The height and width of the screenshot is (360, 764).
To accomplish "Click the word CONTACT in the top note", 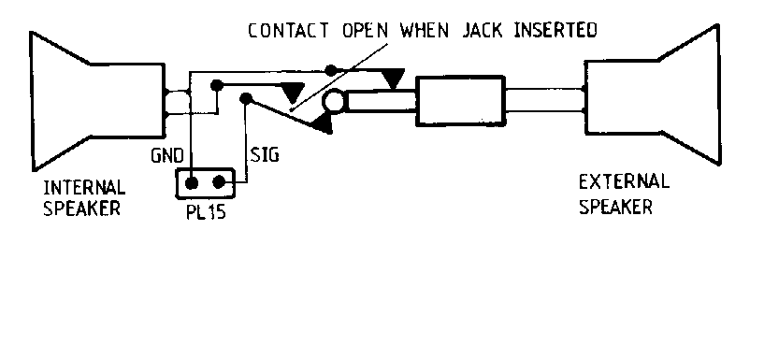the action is pos(288,30).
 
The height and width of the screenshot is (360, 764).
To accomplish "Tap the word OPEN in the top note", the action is pos(365,30).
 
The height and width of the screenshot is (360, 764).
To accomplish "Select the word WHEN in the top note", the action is pos(425,30).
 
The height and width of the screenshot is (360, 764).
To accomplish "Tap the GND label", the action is pos(167,156).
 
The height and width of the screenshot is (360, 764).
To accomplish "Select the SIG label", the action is pos(265,155).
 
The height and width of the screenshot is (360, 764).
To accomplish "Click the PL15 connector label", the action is pos(206,212).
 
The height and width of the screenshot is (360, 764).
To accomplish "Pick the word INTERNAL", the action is pos(84,187).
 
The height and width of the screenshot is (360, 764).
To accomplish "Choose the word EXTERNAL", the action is pos(624,182).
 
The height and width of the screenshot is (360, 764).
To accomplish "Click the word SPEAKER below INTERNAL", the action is pos(82,208).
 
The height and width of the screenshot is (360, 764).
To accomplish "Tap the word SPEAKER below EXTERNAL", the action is pos(615,207).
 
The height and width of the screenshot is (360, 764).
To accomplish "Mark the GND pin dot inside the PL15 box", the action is pos(192,183).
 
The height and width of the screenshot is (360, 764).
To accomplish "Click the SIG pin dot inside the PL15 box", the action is pos(219,182).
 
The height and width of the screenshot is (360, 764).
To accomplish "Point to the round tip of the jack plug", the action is pos(335,101).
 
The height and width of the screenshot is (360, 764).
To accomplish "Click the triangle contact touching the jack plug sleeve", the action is pos(393,79).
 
